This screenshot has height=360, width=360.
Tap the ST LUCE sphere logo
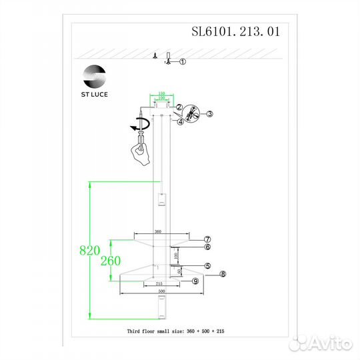pyautogui.click(x=93, y=75)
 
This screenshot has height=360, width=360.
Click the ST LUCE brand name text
pyautogui.click(x=93, y=95)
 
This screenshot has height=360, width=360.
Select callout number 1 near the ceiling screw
pyautogui.click(x=183, y=62)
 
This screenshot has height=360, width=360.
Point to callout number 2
pyautogui.click(x=179, y=107)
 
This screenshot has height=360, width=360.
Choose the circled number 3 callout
pyautogui.click(x=209, y=114)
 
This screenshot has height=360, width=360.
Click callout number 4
pyautogui.click(x=180, y=121)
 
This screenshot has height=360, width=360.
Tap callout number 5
pyautogui.click(x=207, y=266)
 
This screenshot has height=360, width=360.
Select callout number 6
pyautogui.click(x=207, y=247)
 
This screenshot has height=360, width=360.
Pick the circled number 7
pyautogui.click(x=207, y=239)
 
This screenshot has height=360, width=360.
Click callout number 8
pyautogui.click(x=223, y=273)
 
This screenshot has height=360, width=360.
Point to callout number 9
pyautogui.click(x=195, y=281)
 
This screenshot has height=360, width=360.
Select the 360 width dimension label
pyautogui.click(x=158, y=232)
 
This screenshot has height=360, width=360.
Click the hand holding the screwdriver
pyautogui.click(x=141, y=149)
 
